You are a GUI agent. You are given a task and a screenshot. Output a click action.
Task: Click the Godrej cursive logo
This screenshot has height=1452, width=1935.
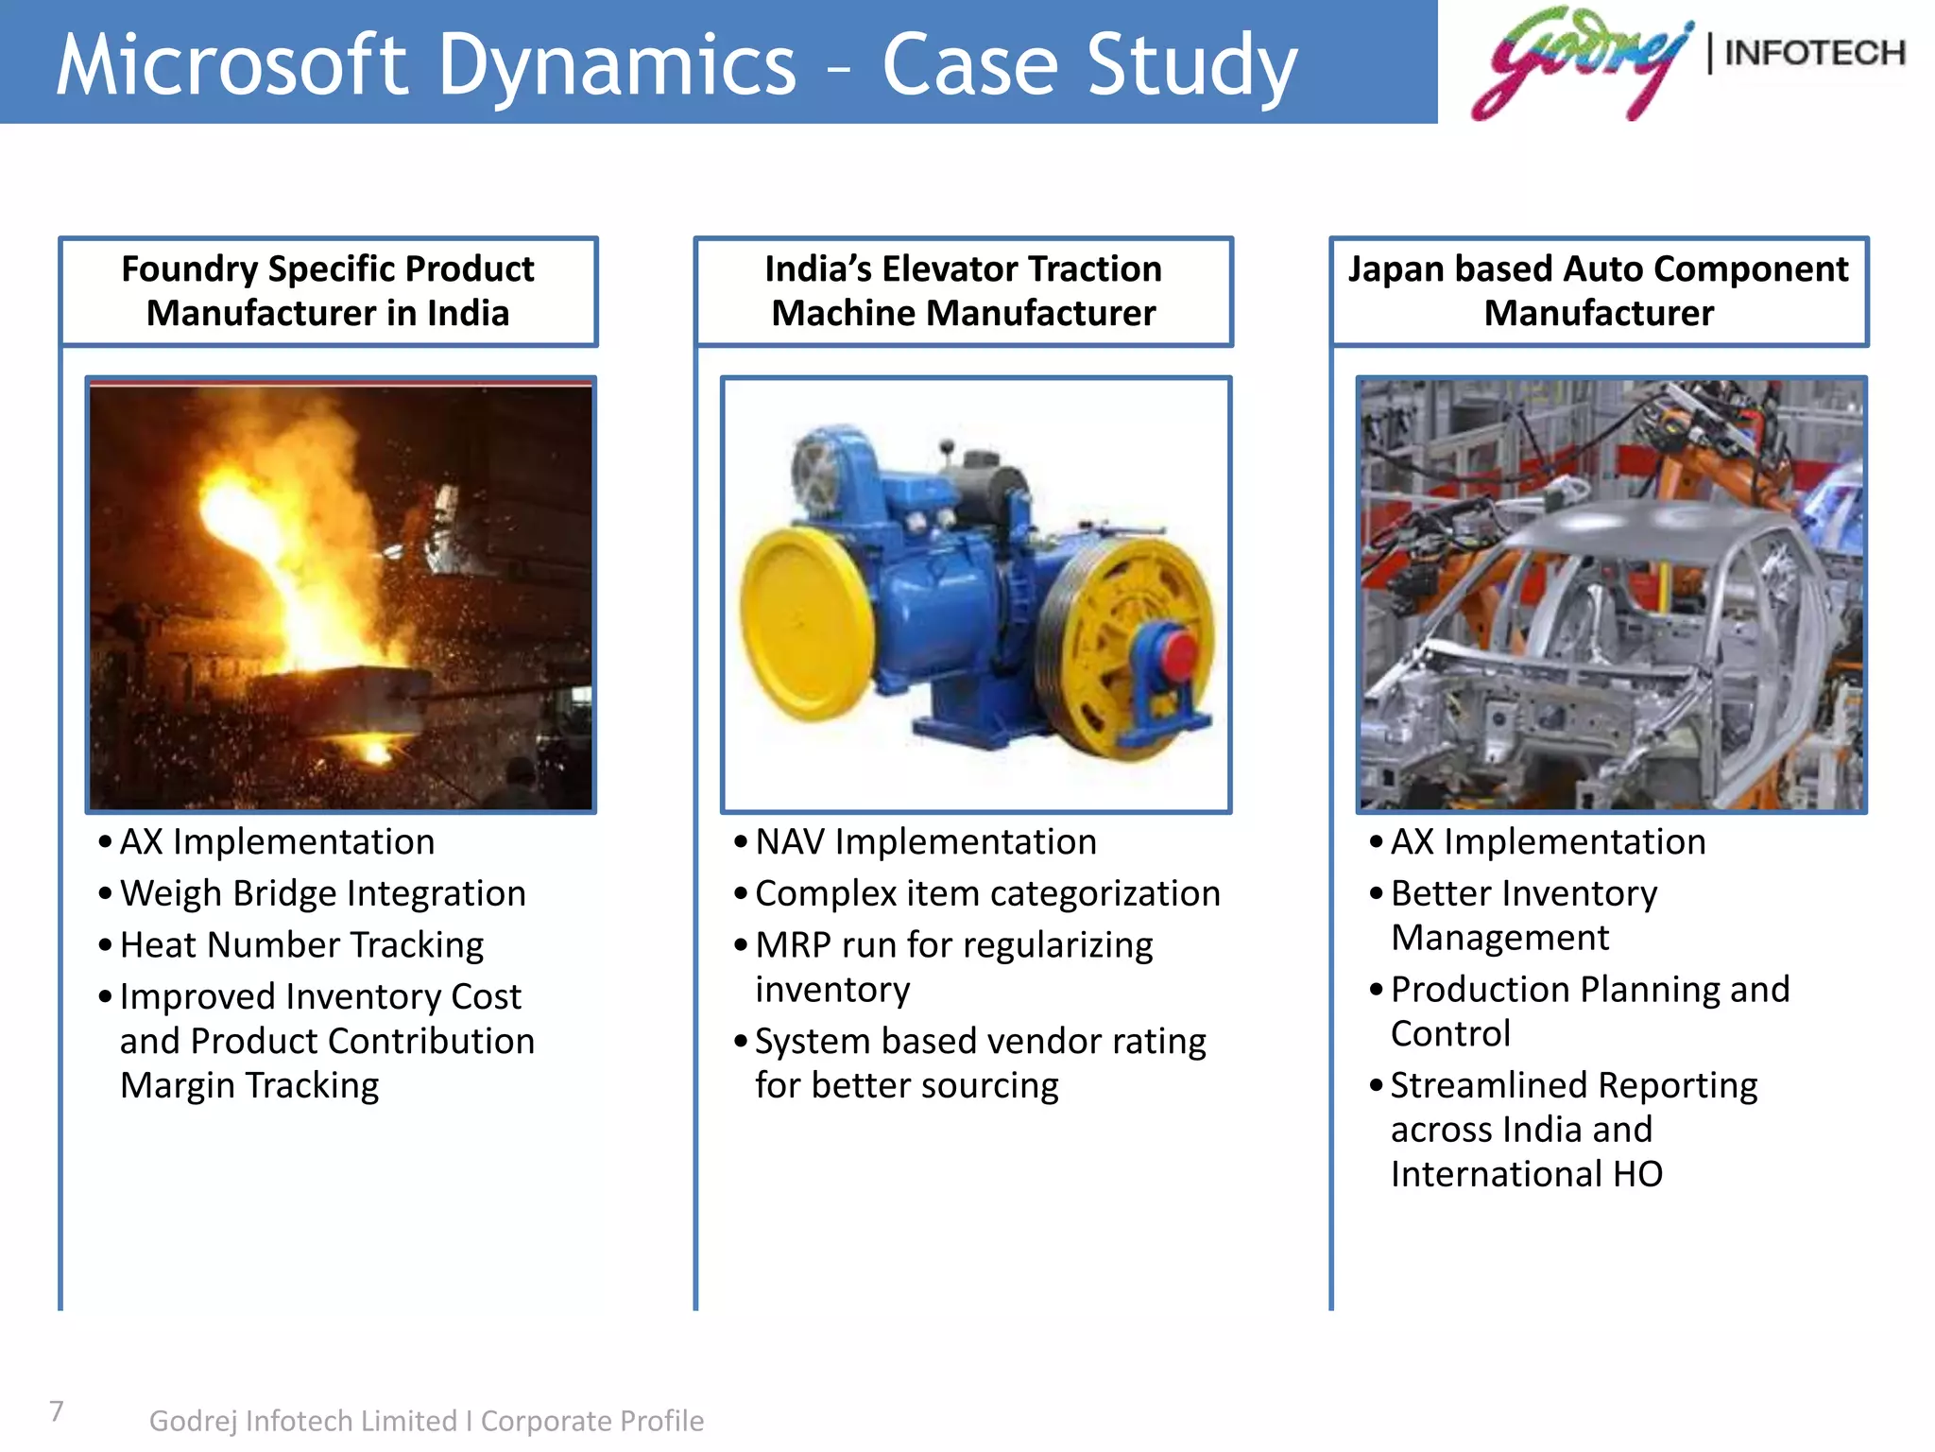[1578, 62]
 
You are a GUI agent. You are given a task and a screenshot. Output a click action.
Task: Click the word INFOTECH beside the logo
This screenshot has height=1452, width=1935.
[1814, 53]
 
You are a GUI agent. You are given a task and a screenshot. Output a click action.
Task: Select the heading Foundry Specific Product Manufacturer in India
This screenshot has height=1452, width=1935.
[328, 291]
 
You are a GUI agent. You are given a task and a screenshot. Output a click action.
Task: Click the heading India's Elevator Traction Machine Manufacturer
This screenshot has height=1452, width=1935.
[963, 291]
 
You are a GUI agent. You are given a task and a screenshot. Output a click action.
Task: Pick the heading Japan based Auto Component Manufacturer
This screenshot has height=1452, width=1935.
[1599, 291]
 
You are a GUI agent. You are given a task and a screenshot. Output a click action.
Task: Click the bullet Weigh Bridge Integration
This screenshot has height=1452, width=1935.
[322, 893]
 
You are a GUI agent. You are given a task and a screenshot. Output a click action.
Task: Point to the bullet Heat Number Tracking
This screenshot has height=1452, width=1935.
[301, 945]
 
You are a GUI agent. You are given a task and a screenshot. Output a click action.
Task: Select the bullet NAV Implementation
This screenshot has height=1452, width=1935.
[925, 841]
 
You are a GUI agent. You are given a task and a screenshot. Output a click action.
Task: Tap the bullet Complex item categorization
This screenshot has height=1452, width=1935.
[987, 893]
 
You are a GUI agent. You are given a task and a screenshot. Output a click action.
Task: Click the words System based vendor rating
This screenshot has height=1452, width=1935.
[980, 1042]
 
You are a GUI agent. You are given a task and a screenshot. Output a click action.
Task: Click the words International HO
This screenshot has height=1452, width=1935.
[1526, 1174]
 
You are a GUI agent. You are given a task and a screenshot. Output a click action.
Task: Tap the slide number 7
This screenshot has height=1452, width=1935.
[57, 1410]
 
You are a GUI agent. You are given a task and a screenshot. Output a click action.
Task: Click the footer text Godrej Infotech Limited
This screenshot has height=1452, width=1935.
[302, 1421]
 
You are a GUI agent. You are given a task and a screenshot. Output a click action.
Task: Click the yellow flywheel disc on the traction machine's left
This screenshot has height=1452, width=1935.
[803, 624]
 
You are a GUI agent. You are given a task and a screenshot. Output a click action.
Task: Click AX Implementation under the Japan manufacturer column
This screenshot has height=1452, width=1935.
[1548, 841]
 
